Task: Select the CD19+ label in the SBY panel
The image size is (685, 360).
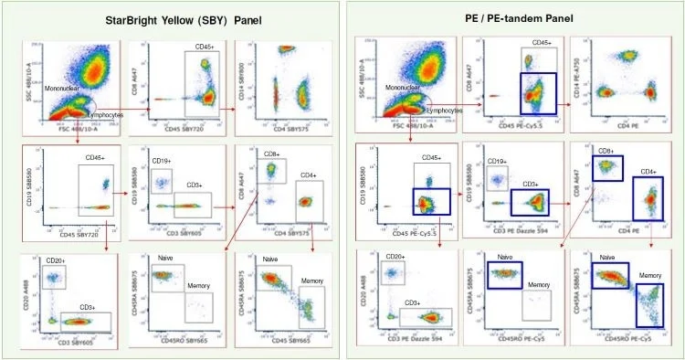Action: pos(162,161)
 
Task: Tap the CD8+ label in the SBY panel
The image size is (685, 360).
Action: pos(271,154)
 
